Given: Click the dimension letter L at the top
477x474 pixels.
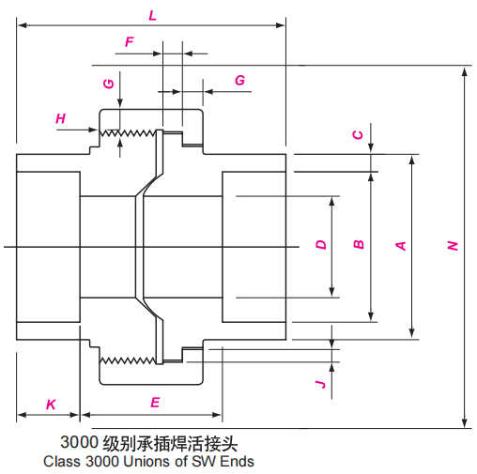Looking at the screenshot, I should tap(153, 15).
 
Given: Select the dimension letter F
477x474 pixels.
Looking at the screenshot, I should tap(129, 41).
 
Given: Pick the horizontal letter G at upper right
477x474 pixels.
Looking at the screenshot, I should tap(239, 81).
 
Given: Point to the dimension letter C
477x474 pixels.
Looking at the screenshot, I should tap(358, 134).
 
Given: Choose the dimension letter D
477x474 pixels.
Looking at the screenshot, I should tap(321, 245).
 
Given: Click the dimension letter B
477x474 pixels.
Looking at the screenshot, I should tap(358, 245).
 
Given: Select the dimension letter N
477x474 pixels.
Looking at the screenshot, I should tap(453, 246).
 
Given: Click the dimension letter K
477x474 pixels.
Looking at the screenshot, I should tap(51, 404).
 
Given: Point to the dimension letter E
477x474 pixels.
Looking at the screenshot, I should tap(155, 403).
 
